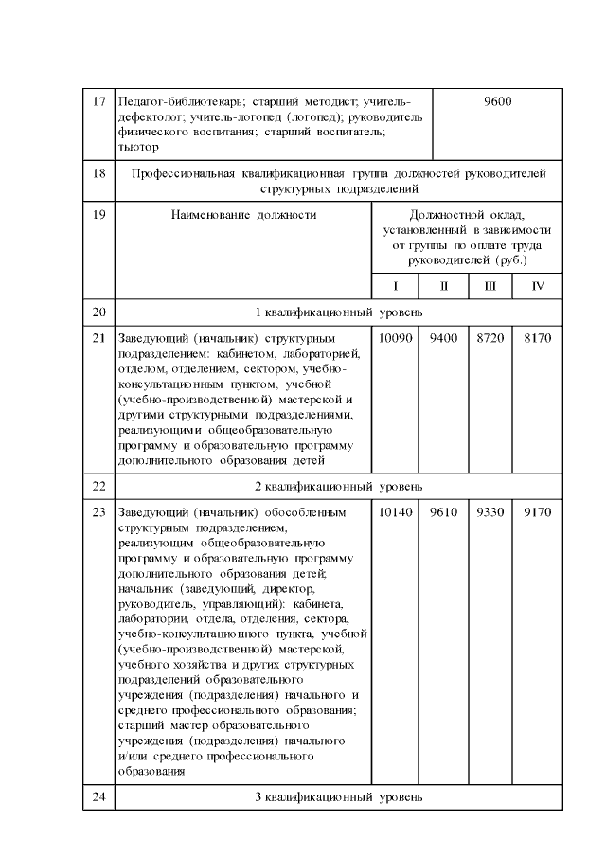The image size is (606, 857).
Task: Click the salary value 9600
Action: [497, 101]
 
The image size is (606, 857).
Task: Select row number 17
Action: [99, 101]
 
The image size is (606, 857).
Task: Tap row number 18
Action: [99, 173]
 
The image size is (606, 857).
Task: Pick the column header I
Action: [395, 285]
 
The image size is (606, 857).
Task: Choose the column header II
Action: [443, 285]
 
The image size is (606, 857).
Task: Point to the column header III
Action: [490, 285]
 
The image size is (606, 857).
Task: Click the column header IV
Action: [538, 285]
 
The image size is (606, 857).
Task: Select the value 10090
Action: [395, 336]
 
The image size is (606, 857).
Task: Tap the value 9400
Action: [443, 336]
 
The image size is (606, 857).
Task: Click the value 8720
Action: [490, 336]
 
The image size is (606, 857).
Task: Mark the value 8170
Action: [538, 336]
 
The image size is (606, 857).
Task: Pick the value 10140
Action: [395, 512]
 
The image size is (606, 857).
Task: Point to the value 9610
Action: [443, 512]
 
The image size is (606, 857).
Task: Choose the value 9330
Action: [490, 512]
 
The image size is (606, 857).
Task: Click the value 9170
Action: [538, 512]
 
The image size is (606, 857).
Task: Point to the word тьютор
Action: [138, 147]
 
